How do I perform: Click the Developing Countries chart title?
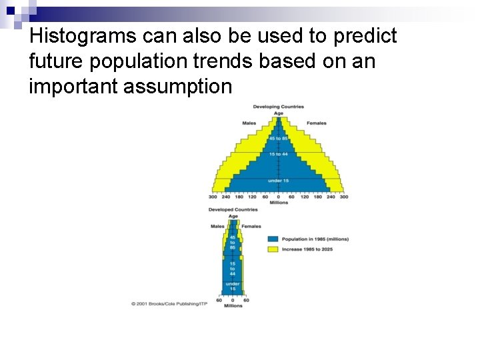(x=278, y=107)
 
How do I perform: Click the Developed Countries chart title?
(x=233, y=209)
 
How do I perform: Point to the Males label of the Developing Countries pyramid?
(x=249, y=123)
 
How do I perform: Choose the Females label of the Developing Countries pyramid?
(x=316, y=123)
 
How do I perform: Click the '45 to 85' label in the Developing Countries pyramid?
(x=278, y=138)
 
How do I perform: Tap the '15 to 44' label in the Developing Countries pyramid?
(x=278, y=154)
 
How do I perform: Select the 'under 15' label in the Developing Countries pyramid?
(x=278, y=181)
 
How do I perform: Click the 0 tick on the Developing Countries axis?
(x=278, y=197)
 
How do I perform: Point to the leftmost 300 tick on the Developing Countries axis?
(x=213, y=197)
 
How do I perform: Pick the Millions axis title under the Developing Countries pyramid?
(x=278, y=203)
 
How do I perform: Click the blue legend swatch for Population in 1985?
(x=273, y=239)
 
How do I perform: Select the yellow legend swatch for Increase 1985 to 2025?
(x=273, y=249)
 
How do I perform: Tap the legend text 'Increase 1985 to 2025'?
(x=307, y=249)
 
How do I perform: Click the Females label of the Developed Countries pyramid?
(x=251, y=226)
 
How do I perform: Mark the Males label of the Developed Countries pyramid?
(x=217, y=226)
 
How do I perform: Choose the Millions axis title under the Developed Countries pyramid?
(x=233, y=306)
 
